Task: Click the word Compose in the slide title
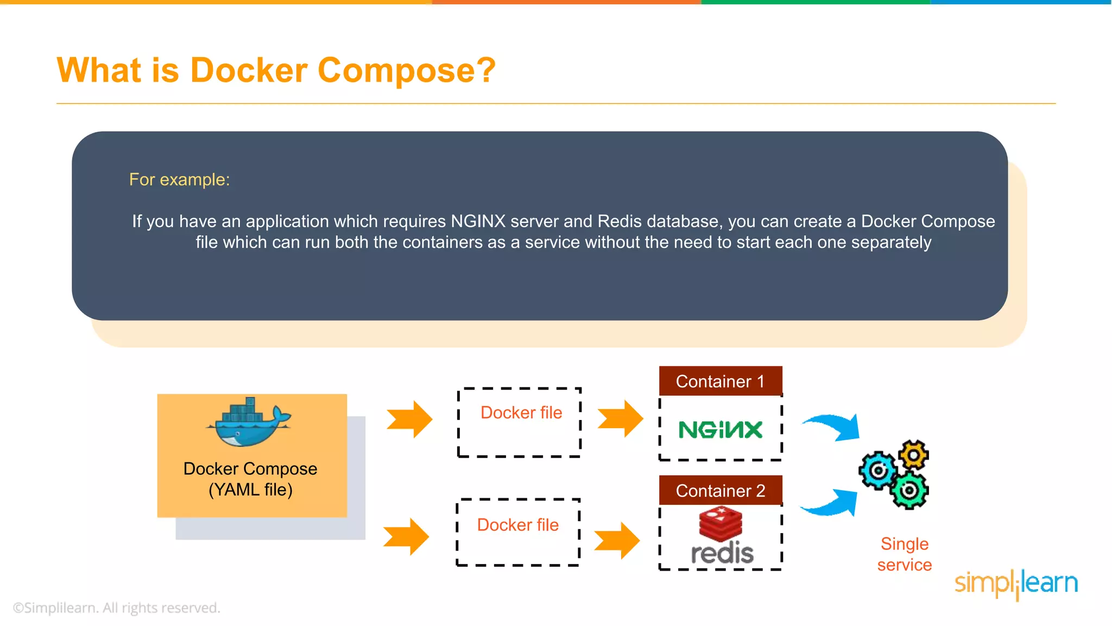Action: pyautogui.click(x=406, y=71)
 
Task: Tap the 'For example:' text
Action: pyautogui.click(x=179, y=179)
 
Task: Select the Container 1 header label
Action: pyautogui.click(x=720, y=381)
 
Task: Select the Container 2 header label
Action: pyautogui.click(x=720, y=491)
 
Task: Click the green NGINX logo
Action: pyautogui.click(x=721, y=430)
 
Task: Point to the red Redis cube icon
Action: pyautogui.click(x=721, y=523)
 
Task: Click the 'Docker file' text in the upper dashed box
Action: pyautogui.click(x=521, y=412)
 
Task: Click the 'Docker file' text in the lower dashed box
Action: pyautogui.click(x=517, y=525)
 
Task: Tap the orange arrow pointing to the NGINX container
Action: pyautogui.click(x=621, y=419)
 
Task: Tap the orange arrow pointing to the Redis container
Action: pyautogui.click(x=617, y=541)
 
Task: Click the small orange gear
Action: pyautogui.click(x=914, y=455)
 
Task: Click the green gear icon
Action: pyautogui.click(x=909, y=491)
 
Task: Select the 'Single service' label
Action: pyautogui.click(x=904, y=554)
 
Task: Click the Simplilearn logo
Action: pyautogui.click(x=1016, y=584)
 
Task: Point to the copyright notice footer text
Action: pyautogui.click(x=116, y=608)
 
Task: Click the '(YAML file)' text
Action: pyautogui.click(x=250, y=490)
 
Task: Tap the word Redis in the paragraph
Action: pyautogui.click(x=620, y=221)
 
